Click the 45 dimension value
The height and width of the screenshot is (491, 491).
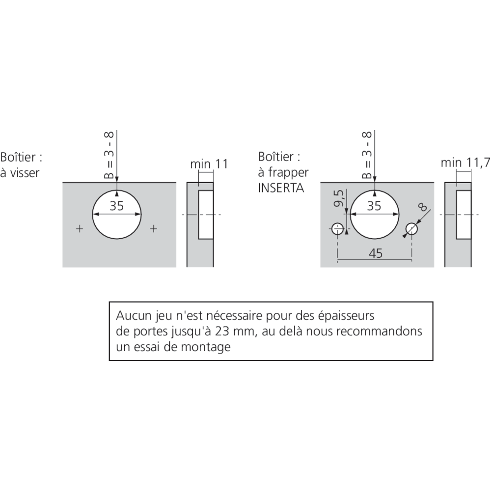[375, 253]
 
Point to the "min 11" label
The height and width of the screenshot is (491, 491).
[209, 164]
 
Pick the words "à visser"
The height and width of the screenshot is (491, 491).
[20, 173]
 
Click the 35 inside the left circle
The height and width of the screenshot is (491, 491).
[117, 206]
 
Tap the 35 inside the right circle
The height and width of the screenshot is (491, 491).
[374, 206]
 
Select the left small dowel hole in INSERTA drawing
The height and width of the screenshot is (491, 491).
[337, 228]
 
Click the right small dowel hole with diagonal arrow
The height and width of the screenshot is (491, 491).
[411, 228]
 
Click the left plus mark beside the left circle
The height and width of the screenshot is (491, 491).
[80, 228]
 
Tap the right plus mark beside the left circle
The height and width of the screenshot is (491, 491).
[154, 228]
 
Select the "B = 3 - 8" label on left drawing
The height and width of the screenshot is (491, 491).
[110, 155]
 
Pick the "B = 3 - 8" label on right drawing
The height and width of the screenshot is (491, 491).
[367, 155]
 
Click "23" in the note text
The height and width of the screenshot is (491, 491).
[223, 331]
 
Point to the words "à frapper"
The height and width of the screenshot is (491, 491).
[283, 173]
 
